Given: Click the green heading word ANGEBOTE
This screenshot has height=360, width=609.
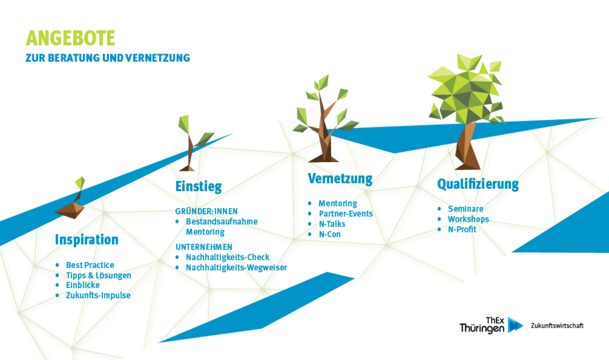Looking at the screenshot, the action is coord(70,38).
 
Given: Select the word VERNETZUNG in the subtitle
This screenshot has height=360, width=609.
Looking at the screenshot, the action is coord(158,58).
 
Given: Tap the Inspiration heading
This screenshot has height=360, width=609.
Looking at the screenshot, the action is coord(86,239).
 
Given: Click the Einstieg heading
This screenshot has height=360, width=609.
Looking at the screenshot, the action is coord(199,186).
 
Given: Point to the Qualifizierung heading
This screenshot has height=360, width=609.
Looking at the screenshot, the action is coord(477,184).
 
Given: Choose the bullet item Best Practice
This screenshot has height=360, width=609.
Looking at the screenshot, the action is coord(90,265).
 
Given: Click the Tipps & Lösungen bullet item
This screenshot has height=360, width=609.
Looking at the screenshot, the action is coord(99,275).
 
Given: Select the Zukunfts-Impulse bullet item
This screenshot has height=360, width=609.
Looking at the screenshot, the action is coord(98,295).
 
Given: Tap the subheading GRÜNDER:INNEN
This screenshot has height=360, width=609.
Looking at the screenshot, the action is coord(206,211).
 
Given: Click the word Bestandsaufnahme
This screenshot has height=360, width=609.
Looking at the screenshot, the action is coord(222,221).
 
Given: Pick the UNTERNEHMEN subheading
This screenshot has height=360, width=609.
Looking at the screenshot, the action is coord(204,247).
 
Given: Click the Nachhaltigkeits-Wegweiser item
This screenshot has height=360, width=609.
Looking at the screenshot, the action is coord(236,267).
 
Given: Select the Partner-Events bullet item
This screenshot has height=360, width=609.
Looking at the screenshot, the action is coord(346,214).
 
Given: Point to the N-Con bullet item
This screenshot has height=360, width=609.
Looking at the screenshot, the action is coord(329,234).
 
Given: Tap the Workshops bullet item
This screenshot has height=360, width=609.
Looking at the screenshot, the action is coord(468,219).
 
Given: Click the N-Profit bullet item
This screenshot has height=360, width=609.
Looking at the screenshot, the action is coord(462,230).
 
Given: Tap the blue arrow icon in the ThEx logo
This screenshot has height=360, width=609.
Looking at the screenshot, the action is coord(515,325).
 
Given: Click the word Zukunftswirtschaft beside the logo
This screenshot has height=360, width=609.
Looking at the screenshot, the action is coord(557,326).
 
